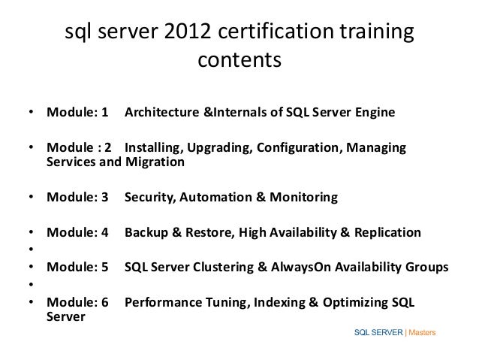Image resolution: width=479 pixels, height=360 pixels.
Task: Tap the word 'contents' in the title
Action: click(239, 59)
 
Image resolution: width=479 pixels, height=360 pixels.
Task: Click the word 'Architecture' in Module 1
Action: click(162, 113)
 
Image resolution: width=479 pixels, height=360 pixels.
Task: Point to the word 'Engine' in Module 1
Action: click(371, 113)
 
